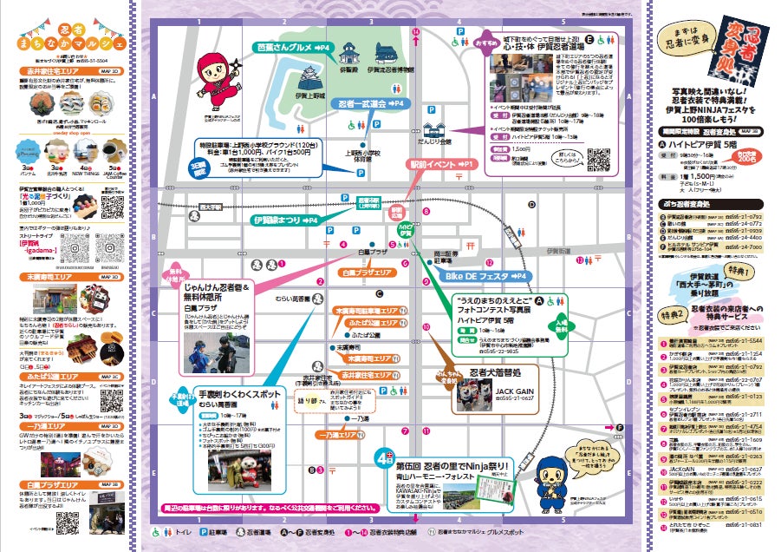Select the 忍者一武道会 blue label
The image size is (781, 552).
(371, 103)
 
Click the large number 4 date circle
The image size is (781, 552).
(381, 455)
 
